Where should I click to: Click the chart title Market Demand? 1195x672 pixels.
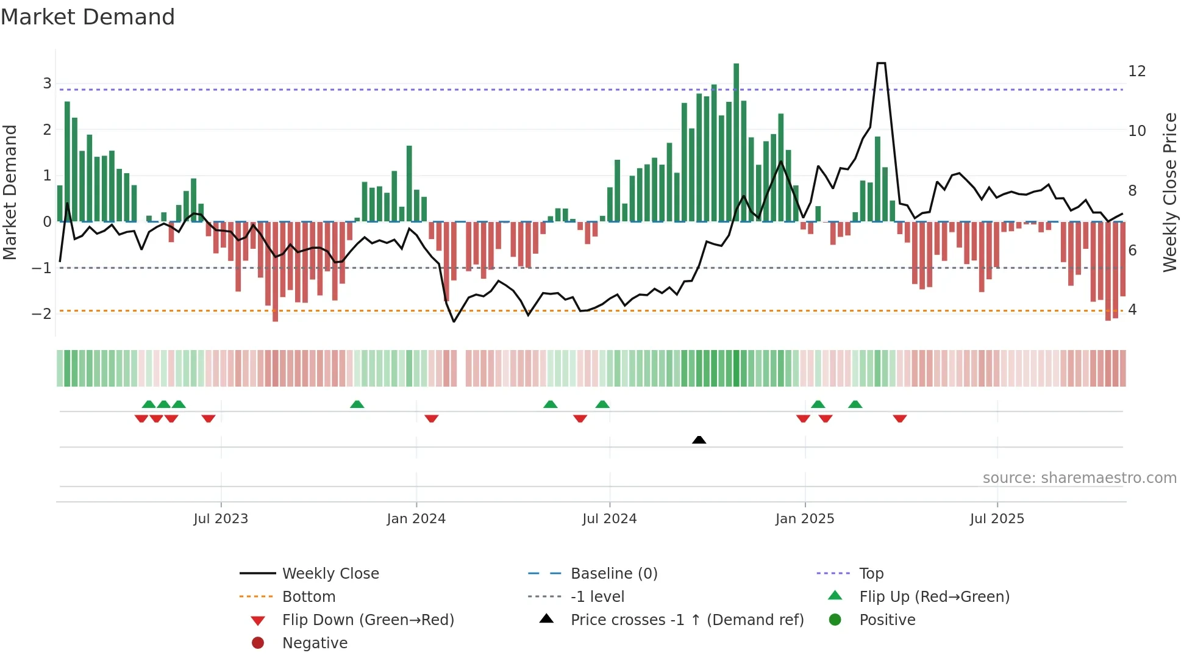click(x=88, y=17)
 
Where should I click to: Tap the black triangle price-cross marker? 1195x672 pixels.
click(x=699, y=440)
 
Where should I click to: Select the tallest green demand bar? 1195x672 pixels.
click(x=736, y=142)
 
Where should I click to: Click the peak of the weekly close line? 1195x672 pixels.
click(x=881, y=63)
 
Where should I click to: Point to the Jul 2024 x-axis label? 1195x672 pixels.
click(x=609, y=519)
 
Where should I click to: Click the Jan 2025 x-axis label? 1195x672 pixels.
click(x=804, y=519)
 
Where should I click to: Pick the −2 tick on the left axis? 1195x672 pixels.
click(x=42, y=314)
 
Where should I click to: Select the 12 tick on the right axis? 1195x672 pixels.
click(x=1136, y=71)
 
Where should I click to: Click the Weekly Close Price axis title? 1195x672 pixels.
click(x=1169, y=192)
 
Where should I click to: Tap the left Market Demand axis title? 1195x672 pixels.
click(x=10, y=192)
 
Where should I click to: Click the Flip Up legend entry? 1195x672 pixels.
click(x=934, y=596)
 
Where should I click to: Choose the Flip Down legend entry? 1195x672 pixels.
click(x=368, y=620)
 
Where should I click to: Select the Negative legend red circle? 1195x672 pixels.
click(x=258, y=643)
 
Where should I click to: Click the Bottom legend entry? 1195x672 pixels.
click(x=309, y=597)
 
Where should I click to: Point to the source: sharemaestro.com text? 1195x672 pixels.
click(x=1079, y=478)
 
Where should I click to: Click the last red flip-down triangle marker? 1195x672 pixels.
click(x=900, y=418)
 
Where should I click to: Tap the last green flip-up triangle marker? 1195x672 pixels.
click(x=855, y=404)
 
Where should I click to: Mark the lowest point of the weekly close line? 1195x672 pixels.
click(x=454, y=321)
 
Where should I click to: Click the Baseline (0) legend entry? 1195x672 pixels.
click(x=613, y=574)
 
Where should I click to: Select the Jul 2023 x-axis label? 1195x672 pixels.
click(x=221, y=519)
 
